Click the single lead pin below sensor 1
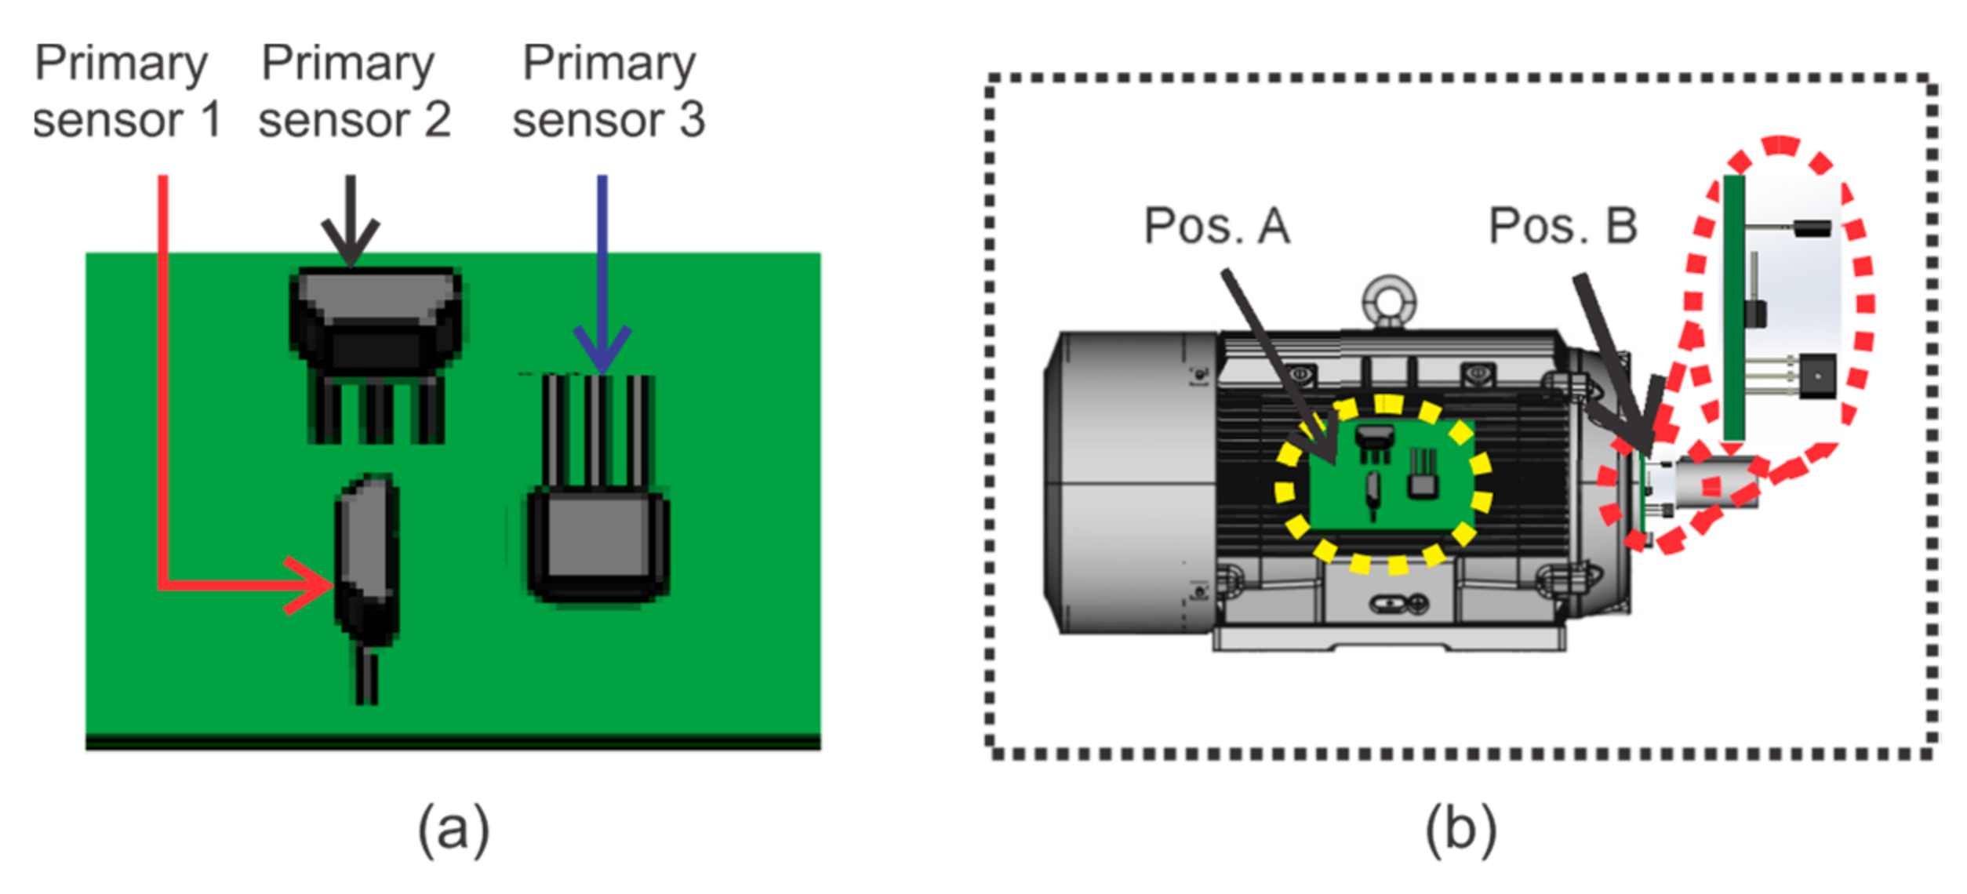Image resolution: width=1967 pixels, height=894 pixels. tap(366, 678)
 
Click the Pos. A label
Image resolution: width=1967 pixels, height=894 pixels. tap(1216, 227)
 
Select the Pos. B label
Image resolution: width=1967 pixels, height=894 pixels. tap(1562, 227)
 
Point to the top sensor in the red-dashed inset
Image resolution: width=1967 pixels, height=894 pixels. tap(1812, 228)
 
